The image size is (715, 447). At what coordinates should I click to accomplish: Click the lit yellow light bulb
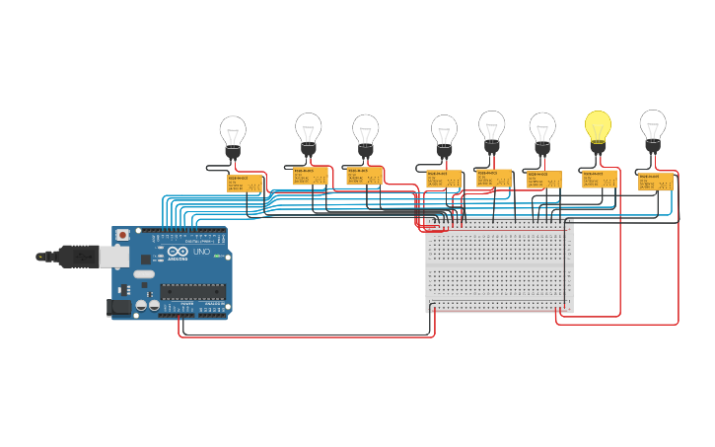coord(598,126)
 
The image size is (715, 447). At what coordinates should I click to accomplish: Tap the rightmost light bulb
coord(652,126)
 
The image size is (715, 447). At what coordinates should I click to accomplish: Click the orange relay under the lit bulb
coord(599,179)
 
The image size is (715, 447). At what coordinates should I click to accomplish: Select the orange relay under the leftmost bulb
coord(245,184)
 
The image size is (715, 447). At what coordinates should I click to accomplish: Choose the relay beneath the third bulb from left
coord(365,176)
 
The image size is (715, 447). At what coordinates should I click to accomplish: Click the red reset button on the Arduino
coord(122,236)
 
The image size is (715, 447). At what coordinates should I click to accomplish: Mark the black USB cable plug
coord(75,257)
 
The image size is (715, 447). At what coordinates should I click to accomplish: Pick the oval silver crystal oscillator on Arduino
coord(144,274)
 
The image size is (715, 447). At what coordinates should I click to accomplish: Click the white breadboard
coord(499,266)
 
